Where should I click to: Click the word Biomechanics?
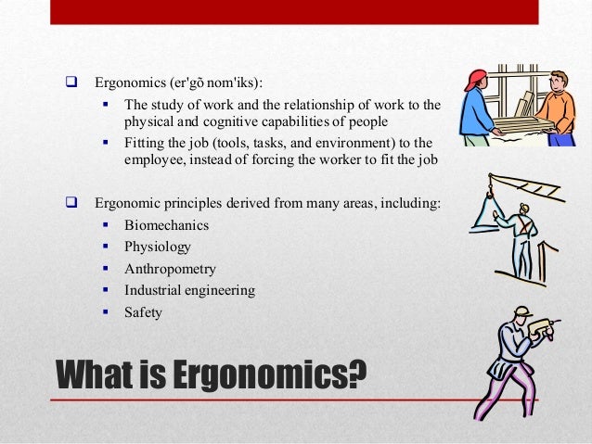click(x=166, y=225)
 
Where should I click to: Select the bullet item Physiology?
click(x=158, y=247)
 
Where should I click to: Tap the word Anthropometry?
click(x=170, y=269)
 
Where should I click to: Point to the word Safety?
click(x=143, y=312)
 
